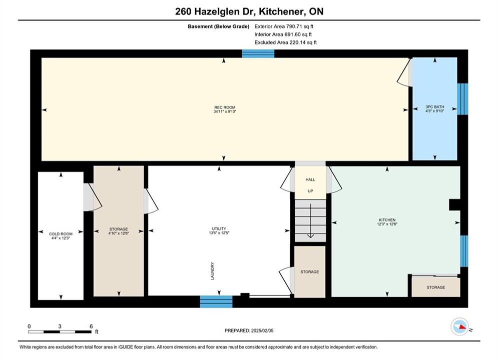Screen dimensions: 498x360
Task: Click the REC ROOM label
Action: [x=225, y=107]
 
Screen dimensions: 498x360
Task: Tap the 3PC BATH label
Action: [x=435, y=107]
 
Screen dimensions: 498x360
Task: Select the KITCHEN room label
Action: [x=387, y=220]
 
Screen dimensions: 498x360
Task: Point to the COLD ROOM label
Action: [x=61, y=234]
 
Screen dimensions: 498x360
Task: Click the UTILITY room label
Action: [x=219, y=228]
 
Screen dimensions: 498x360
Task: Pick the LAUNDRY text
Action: [x=213, y=271]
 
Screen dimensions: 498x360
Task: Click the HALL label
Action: [x=310, y=179]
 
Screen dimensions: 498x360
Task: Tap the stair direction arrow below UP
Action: [x=310, y=221]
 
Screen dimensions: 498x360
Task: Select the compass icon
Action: [x=459, y=326]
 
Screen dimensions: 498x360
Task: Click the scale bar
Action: [x=60, y=332]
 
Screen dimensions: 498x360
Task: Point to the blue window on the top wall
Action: [x=258, y=53]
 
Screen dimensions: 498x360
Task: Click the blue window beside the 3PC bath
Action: [x=463, y=99]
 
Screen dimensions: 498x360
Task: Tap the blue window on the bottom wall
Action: [x=216, y=301]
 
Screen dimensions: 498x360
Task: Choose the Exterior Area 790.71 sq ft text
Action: [x=284, y=26]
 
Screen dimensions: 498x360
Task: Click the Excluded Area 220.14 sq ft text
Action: [x=285, y=42]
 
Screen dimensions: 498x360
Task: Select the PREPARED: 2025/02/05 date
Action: [x=249, y=330]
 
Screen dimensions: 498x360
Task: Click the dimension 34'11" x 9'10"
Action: [x=225, y=111]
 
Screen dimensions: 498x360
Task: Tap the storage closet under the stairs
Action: [x=310, y=272]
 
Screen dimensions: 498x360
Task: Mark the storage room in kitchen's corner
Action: [x=436, y=287]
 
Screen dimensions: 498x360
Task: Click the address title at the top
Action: [x=249, y=11]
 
